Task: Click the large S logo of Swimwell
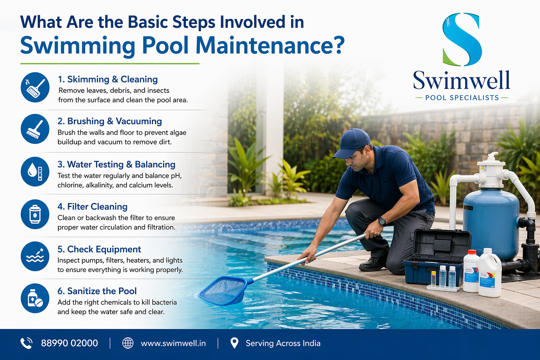tap(462, 39)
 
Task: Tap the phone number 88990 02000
tap(69, 343)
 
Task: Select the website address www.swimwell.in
tap(173, 343)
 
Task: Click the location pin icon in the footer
tap(234, 343)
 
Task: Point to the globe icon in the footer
tap(128, 343)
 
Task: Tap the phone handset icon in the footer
tap(26, 343)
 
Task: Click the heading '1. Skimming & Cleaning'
tap(108, 79)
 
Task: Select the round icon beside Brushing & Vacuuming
tap(35, 129)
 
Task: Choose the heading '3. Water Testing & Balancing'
tap(116, 164)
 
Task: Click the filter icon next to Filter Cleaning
tap(35, 214)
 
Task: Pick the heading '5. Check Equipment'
tap(99, 249)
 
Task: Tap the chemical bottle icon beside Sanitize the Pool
tap(35, 298)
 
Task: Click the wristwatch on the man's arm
tap(382, 221)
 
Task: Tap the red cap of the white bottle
tap(472, 252)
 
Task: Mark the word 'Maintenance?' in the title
tap(270, 45)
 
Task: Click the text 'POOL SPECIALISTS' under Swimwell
tap(462, 98)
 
